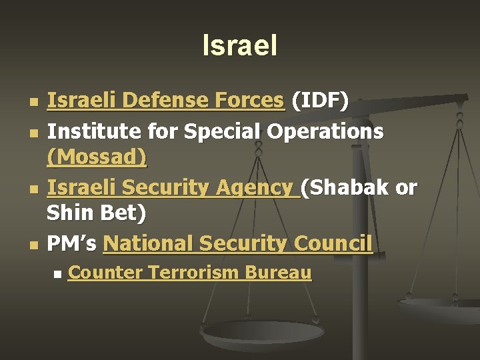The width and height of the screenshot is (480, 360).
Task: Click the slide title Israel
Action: click(x=239, y=46)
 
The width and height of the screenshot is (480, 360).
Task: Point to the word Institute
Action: click(x=85, y=131)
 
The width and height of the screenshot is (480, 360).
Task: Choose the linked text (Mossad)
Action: click(x=97, y=157)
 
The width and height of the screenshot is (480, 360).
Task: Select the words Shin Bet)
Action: click(x=96, y=214)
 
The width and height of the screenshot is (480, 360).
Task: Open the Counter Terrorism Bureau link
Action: click(x=190, y=272)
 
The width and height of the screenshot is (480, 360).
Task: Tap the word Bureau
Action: click(x=279, y=272)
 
